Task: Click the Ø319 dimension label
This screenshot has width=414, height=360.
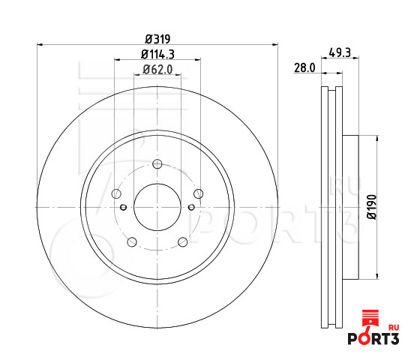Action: click(157, 39)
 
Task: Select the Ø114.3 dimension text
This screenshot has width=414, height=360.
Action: click(157, 55)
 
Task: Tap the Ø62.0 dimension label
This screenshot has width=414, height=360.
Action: click(157, 70)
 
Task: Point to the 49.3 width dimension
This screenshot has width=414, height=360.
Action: click(340, 52)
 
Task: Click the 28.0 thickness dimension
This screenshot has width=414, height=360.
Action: click(304, 68)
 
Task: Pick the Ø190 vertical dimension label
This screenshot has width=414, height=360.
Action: click(372, 207)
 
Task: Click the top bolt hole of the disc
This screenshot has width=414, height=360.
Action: click(157, 164)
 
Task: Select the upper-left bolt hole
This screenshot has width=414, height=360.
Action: click(116, 193)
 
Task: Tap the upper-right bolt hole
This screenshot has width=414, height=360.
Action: click(198, 193)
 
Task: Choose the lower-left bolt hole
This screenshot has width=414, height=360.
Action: click(132, 242)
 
